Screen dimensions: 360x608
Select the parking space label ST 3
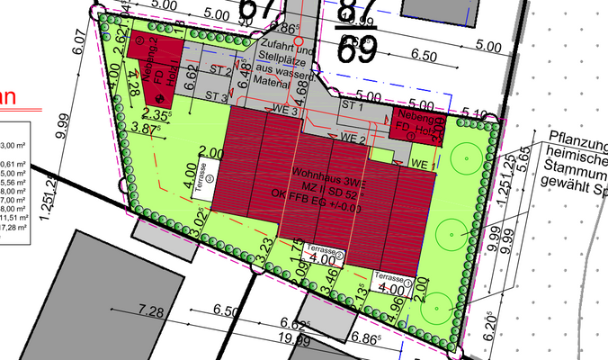click(217, 96)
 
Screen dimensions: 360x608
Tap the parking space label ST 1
click(352, 106)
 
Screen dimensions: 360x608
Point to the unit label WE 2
click(352, 140)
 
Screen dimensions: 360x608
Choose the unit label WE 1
click(420, 163)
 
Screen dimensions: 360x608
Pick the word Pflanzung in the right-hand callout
click(576, 144)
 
